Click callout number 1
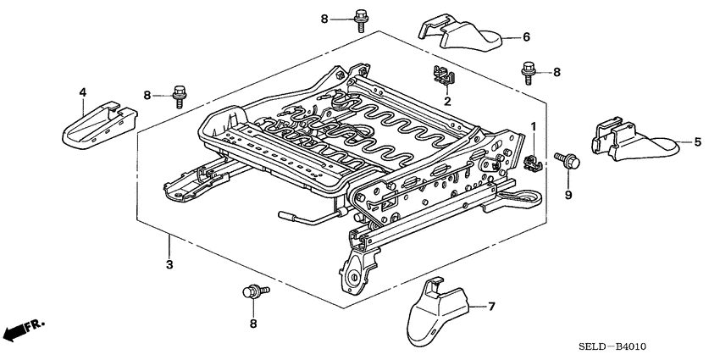534,126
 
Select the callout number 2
442,100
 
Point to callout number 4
82,91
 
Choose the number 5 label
697,142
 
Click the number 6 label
525,37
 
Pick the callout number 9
568,196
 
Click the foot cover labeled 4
97,123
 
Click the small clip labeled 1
533,161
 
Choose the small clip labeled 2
442,76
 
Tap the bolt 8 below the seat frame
253,292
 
